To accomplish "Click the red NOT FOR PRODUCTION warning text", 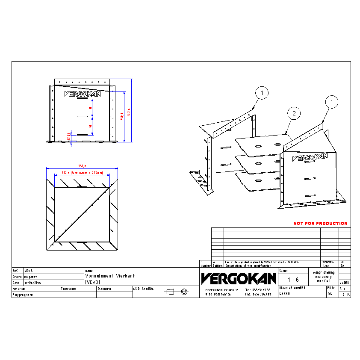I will pos(320,223).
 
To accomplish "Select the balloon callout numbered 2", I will pos(294,113).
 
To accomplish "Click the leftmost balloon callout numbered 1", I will pos(262,92).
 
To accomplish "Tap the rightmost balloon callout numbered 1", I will pos(331,102).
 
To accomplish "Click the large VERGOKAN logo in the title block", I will pos(239,279).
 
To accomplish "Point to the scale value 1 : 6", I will pos(293,280).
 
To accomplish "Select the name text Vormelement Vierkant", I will pos(103,276).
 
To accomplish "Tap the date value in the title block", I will pos(32,283).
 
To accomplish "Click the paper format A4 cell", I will pos(330,294).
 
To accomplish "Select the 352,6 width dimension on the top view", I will pos(82,166).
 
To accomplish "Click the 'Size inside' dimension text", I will pos(82,173).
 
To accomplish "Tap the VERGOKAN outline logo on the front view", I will pos(82,94).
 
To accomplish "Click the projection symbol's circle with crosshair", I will pos(184,292).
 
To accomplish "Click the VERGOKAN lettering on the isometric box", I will pos(310,158).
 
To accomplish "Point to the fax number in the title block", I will pos(258,294).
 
